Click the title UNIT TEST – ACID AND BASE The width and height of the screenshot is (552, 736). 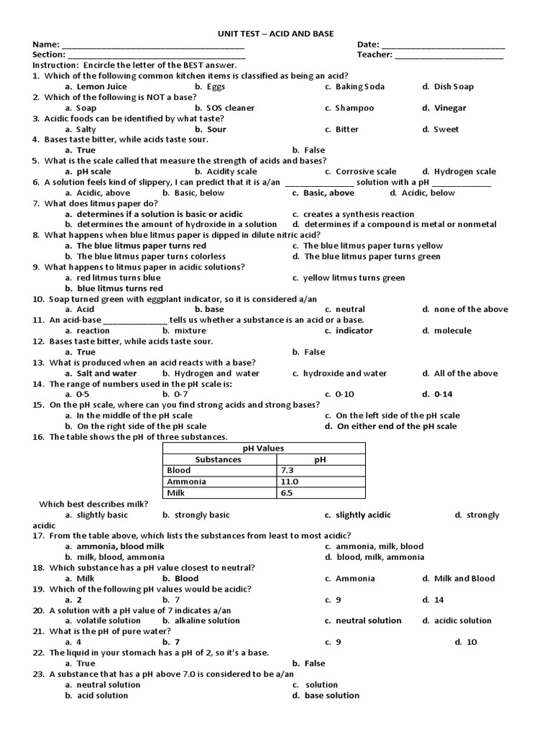coord(275,34)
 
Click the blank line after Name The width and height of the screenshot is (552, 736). coord(154,45)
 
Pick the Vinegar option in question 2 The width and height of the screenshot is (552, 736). coord(450,108)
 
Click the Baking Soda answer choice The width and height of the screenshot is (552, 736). coord(359,86)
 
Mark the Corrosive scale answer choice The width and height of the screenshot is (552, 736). coord(365,172)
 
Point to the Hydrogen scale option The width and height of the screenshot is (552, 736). coord(464,172)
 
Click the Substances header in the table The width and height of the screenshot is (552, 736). coord(218,459)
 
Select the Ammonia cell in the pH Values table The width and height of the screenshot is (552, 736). coord(186,482)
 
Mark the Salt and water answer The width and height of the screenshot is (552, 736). coord(106,373)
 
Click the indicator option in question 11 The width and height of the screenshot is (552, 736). coord(354,331)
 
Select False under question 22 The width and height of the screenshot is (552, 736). coord(314,663)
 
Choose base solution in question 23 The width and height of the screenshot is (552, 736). coord(331,695)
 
